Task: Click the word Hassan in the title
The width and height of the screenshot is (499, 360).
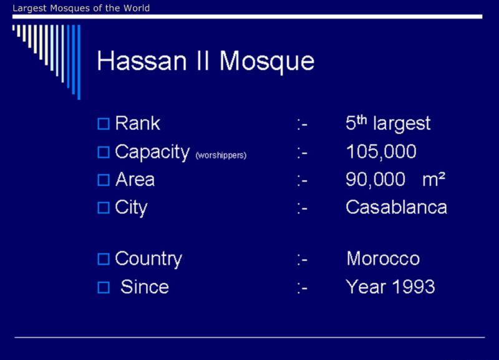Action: coord(142,61)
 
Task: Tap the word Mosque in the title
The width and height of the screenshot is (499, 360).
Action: coord(267,62)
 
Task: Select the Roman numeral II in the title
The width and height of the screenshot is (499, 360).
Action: coord(203,61)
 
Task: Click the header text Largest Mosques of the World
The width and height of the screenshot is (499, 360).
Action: coord(81,8)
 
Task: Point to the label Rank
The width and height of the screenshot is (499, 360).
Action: coord(137,123)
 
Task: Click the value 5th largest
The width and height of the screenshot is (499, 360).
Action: coord(388,124)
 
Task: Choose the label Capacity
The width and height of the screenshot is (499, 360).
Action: coord(152,152)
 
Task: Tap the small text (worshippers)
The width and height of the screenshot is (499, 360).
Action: coord(221,155)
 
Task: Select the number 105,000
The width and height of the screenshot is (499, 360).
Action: coord(381,152)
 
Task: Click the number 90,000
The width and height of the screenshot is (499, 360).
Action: coord(375,179)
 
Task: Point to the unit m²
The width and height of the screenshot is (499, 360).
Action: coord(434,179)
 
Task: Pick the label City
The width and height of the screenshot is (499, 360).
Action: coord(131,208)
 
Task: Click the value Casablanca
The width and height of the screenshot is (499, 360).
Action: coord(397,208)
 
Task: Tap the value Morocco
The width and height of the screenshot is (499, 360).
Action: coord(383,258)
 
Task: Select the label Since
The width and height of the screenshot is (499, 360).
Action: coord(145,287)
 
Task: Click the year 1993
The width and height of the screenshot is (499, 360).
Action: coord(414,287)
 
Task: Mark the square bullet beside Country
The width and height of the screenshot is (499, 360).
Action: coord(104,259)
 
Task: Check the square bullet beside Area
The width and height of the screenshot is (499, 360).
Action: coord(104,180)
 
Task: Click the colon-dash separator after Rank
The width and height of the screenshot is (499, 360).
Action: coord(302,124)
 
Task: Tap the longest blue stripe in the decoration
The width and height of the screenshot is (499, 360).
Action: coord(79,62)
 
